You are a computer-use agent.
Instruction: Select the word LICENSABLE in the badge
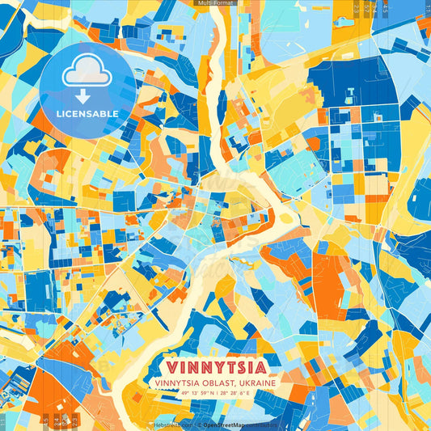point(87,113)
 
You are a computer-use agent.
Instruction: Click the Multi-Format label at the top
point(215,3)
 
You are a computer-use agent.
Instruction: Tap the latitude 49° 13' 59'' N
point(187,394)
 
